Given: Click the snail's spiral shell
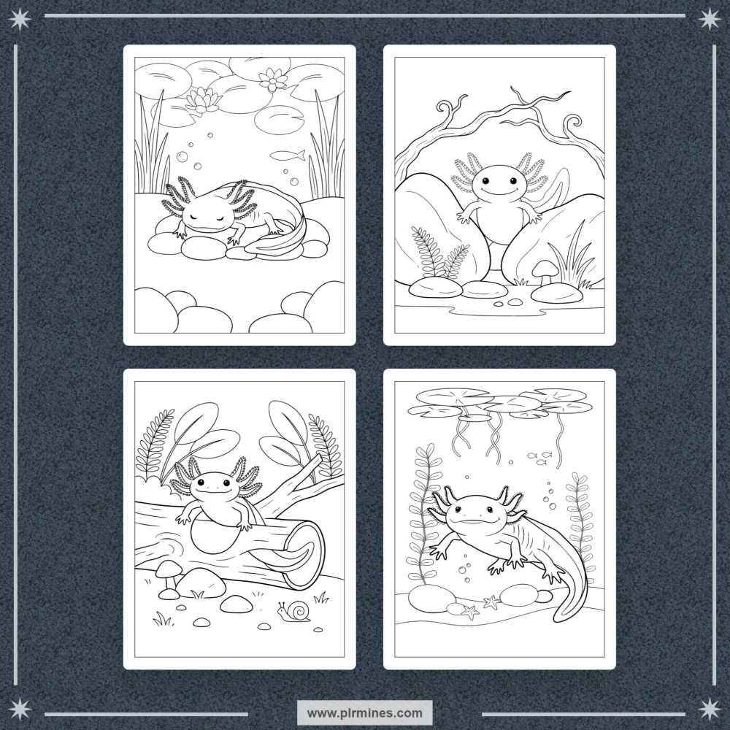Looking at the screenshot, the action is pos(299,610).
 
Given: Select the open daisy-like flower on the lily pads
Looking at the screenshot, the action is pos(273,80).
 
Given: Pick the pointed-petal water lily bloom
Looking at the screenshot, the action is pos(202,100).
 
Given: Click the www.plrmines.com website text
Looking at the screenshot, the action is pos(364,712).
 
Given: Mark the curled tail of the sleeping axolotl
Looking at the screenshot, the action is pos(284,237).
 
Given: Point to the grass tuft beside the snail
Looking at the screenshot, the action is pos(320,597).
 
